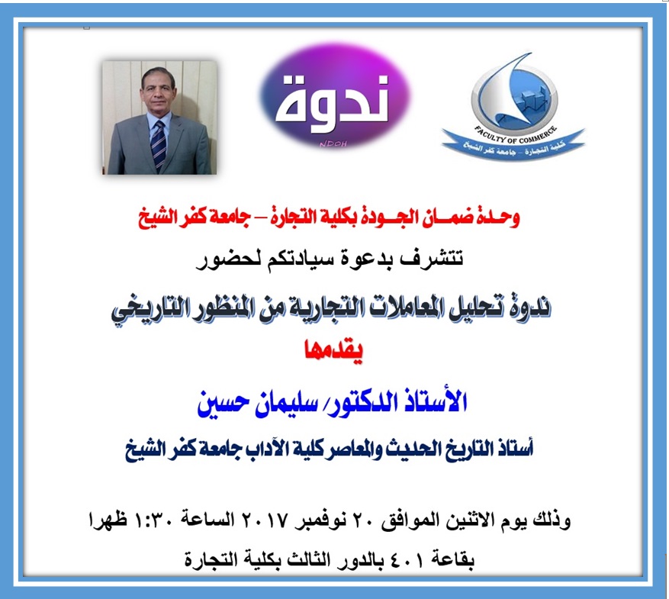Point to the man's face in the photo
(156, 89)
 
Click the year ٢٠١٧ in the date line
(263, 522)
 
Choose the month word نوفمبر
(321, 522)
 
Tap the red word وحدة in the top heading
(502, 218)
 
